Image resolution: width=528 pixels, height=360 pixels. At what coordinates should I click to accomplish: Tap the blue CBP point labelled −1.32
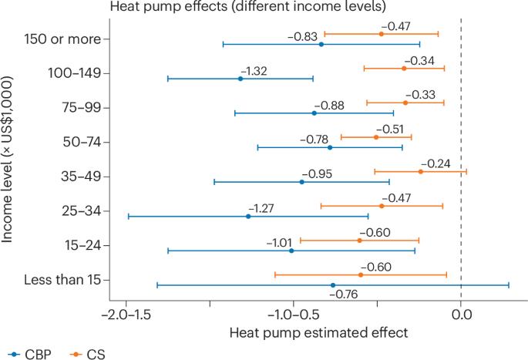(x=240, y=79)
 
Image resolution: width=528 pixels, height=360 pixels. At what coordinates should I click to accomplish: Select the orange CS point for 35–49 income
(x=420, y=171)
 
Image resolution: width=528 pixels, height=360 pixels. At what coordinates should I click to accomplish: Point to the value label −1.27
(x=261, y=208)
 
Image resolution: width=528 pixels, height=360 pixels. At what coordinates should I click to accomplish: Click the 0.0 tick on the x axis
(x=461, y=315)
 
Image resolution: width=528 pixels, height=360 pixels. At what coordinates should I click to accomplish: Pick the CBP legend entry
(x=23, y=354)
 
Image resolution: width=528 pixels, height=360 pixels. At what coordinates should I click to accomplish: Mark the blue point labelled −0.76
(x=333, y=285)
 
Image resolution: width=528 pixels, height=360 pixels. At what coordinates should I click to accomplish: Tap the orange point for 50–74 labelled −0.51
(x=376, y=136)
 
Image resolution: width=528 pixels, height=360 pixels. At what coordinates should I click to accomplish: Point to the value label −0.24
(x=437, y=163)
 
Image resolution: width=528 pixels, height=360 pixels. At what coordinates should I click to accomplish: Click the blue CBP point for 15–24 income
(x=291, y=251)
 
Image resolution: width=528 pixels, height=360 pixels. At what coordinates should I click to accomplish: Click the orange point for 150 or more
(x=381, y=34)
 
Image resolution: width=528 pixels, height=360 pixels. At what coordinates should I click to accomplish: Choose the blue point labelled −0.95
(x=301, y=182)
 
